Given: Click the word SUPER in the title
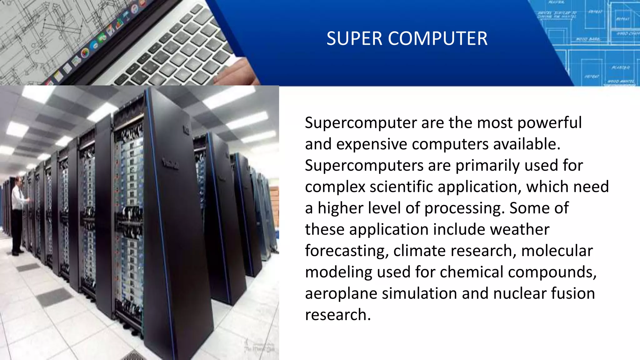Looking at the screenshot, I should [x=354, y=39].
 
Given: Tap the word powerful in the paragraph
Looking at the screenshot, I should [x=549, y=123].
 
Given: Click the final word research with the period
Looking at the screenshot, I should [x=337, y=315].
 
